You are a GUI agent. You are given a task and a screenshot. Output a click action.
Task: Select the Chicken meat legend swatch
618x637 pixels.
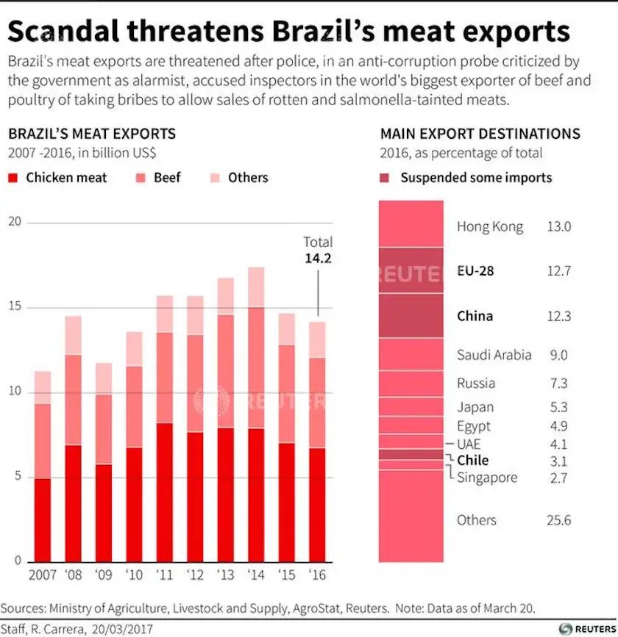(x=13, y=178)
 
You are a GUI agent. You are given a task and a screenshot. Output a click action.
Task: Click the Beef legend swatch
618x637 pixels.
(x=141, y=178)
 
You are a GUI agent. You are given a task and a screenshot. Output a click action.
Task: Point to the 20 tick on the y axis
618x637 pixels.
(x=15, y=223)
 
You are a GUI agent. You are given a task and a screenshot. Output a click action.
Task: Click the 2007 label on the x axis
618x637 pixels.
(x=43, y=575)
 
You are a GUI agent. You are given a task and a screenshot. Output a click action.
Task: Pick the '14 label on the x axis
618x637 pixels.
(x=256, y=575)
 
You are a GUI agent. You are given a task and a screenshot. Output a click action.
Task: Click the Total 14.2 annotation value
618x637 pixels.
(x=318, y=258)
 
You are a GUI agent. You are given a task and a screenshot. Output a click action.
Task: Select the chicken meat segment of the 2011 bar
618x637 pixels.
(x=165, y=492)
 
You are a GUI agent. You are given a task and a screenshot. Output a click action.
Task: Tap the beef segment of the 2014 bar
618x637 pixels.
(x=256, y=367)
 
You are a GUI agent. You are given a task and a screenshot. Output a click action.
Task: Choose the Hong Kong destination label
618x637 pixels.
(x=490, y=226)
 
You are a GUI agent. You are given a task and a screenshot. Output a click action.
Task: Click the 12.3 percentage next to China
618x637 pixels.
(x=558, y=316)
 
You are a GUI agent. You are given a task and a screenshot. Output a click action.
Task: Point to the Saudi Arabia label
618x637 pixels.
(x=494, y=355)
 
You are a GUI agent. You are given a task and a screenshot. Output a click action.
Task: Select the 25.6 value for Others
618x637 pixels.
(x=558, y=520)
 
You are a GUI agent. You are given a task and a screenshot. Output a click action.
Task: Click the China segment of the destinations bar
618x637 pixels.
(x=411, y=316)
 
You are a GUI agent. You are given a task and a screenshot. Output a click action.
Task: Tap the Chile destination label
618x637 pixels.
(x=472, y=461)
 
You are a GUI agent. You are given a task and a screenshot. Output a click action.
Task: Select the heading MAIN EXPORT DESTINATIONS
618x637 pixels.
(x=480, y=134)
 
